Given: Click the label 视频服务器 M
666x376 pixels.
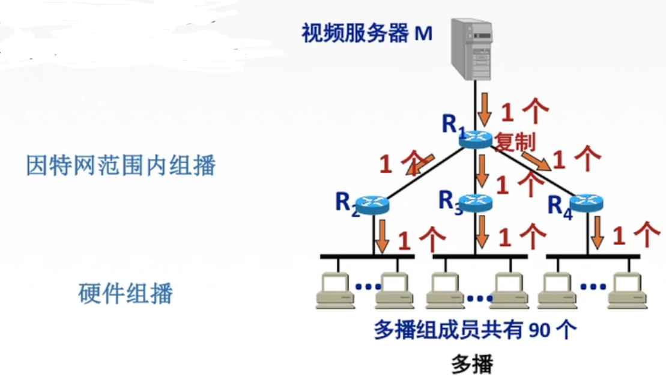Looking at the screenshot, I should (x=367, y=34).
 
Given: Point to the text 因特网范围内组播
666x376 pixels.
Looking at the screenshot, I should (x=120, y=165).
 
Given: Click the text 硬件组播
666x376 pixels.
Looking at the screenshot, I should (x=126, y=294).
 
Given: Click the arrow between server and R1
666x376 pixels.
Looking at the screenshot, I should (x=484, y=110).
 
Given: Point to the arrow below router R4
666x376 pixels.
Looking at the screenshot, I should (x=596, y=234).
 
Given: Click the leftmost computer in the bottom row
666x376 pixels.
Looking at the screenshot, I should (x=333, y=290).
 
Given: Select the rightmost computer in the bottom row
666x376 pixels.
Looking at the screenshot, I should (x=627, y=290).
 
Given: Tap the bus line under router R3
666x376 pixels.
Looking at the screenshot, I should (x=480, y=256).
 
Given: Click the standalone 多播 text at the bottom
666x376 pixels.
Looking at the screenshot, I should (x=472, y=364).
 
